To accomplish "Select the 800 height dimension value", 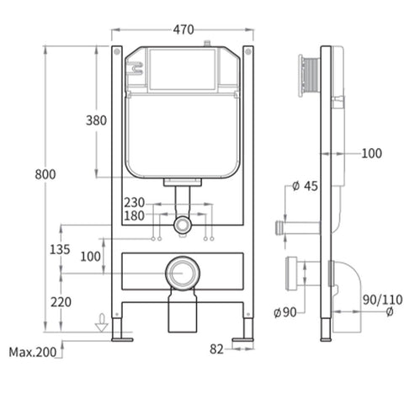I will click(x=45, y=174).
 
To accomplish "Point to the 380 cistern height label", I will click(x=96, y=120).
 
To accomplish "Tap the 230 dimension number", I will click(x=135, y=203).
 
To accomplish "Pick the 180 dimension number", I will click(x=135, y=216).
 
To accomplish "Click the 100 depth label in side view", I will click(x=370, y=153).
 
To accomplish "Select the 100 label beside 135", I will click(x=90, y=255).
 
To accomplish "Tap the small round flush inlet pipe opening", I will click(x=182, y=226).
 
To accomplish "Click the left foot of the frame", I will click(x=123, y=339).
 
